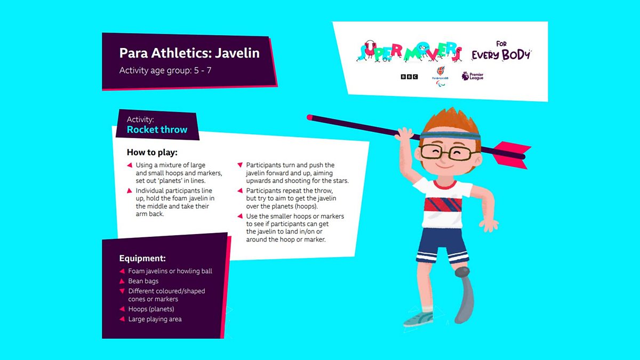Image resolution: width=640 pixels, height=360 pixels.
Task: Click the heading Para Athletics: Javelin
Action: click(189, 53)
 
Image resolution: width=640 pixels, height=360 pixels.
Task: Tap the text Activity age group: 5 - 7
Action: click(165, 70)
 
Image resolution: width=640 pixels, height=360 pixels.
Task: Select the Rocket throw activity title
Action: click(157, 130)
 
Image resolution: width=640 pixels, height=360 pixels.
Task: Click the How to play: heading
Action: click(152, 153)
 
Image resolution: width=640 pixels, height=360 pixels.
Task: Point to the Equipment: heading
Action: click(142, 258)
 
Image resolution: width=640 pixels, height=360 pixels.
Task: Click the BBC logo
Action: click(409, 77)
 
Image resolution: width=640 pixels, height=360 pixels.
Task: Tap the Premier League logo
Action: click(473, 76)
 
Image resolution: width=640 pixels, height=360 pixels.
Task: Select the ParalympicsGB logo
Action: click(441, 76)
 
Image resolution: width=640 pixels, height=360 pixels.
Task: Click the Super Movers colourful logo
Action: click(409, 52)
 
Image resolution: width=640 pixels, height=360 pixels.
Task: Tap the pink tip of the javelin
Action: click(310, 117)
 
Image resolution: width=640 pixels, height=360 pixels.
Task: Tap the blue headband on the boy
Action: click(450, 135)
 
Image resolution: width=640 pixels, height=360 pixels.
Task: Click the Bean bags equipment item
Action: click(143, 281)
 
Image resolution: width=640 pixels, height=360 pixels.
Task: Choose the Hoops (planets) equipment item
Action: click(151, 309)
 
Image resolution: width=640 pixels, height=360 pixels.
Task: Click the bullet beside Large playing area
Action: click(122, 319)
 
